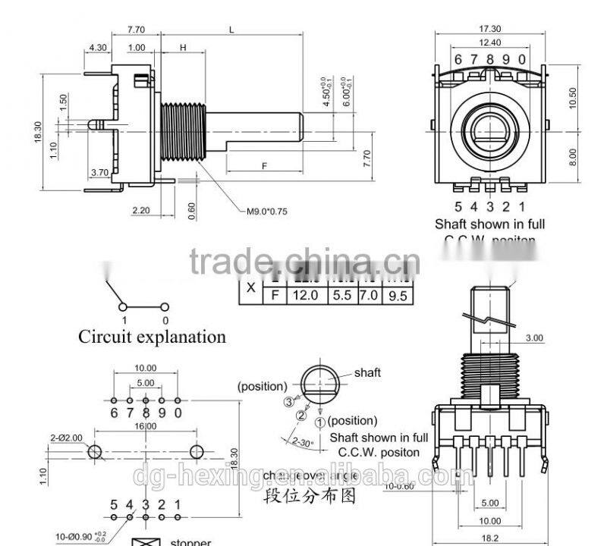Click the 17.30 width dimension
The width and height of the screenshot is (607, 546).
click(x=489, y=28)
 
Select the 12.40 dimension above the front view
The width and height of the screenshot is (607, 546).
click(x=489, y=42)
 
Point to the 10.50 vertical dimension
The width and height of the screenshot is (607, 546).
click(x=573, y=97)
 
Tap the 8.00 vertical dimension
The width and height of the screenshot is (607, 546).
click(x=573, y=157)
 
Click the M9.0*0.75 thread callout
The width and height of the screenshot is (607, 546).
click(x=268, y=212)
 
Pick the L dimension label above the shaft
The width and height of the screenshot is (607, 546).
click(x=231, y=30)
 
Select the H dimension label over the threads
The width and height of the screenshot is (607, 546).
click(x=183, y=47)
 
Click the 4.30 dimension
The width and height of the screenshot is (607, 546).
click(x=97, y=47)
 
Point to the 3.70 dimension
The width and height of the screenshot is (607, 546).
click(x=99, y=173)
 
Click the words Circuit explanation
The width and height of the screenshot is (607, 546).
click(x=152, y=337)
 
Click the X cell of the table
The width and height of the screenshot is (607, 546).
click(x=250, y=288)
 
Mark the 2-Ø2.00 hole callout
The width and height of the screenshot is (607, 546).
click(x=66, y=438)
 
